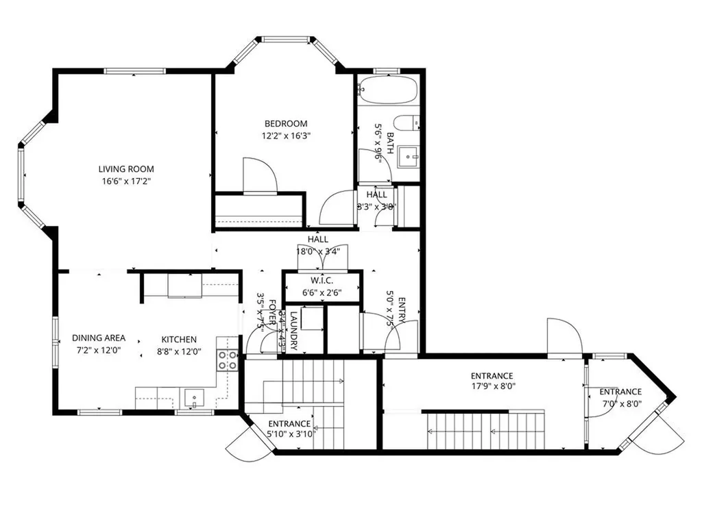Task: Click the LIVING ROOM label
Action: point(126,169)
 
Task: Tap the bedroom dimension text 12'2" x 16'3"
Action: point(286,136)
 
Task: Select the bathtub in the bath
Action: point(388,89)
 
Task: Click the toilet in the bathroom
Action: point(409,123)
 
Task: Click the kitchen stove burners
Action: point(228,360)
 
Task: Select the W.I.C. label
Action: point(321,280)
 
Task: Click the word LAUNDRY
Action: point(293,331)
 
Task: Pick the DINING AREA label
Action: point(99,338)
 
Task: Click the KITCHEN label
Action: point(179,339)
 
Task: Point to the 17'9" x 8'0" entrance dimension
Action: point(492,386)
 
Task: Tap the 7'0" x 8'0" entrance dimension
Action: point(620,403)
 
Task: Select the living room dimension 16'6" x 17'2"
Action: point(126,181)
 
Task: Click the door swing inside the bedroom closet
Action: point(261,176)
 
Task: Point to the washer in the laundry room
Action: point(311,319)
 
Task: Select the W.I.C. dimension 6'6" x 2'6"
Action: point(321,292)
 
